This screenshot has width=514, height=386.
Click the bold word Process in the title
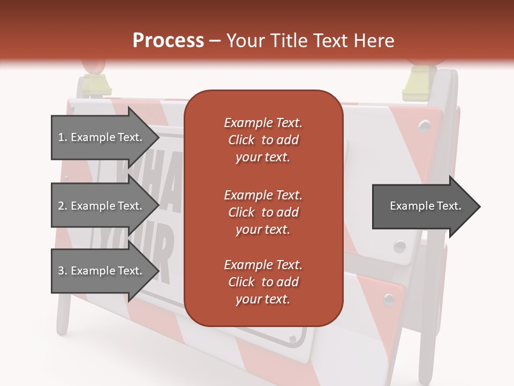pos(168,41)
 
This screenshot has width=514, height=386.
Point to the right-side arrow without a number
pos(425,206)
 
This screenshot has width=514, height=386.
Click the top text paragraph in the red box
pos(263,140)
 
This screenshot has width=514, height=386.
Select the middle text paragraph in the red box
pos(263,212)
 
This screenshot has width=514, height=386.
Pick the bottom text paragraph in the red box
pos(263,282)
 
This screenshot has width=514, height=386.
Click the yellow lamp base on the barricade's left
pos(94,86)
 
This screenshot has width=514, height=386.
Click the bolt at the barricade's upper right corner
pos(424,125)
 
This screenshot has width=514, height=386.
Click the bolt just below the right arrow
pos(399,246)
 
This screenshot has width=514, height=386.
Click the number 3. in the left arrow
pos(62,271)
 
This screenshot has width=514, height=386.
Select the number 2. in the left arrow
pos(62,206)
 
